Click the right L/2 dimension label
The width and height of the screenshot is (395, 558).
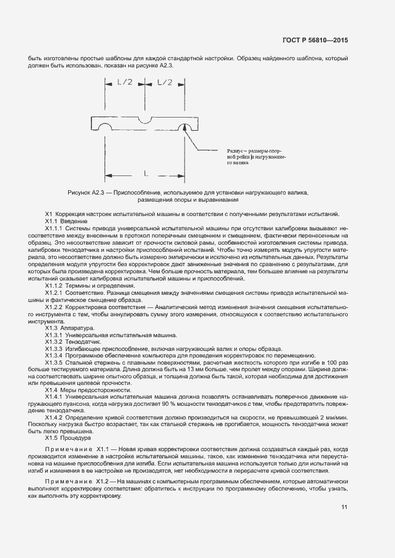(x=165, y=82)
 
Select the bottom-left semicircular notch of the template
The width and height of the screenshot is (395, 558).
(x=105, y=129)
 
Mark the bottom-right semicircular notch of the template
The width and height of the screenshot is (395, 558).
(x=183, y=129)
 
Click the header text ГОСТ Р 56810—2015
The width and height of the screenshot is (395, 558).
(x=316, y=41)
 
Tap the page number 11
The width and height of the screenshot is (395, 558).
(x=344, y=507)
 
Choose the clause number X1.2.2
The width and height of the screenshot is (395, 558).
(x=55, y=307)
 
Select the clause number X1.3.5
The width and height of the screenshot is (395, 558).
(x=55, y=363)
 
